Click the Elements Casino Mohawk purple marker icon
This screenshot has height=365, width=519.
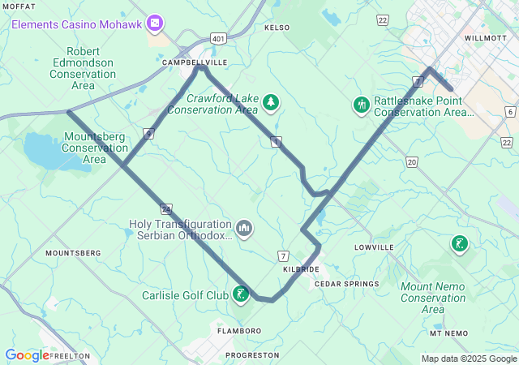[x=155, y=24]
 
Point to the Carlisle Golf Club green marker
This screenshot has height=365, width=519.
[x=241, y=294]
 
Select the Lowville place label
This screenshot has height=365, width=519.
[x=374, y=247]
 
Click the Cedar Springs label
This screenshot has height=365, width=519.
[x=346, y=284]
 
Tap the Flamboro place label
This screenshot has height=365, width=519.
[x=239, y=331]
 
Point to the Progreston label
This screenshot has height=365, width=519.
[x=252, y=355]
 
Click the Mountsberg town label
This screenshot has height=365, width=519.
[x=73, y=253]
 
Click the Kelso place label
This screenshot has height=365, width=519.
[x=277, y=28]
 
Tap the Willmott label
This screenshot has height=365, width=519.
[x=485, y=38]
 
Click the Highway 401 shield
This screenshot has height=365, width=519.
[x=217, y=38]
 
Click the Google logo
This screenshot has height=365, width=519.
[x=27, y=355]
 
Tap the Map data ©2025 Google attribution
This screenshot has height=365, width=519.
[x=469, y=359]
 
